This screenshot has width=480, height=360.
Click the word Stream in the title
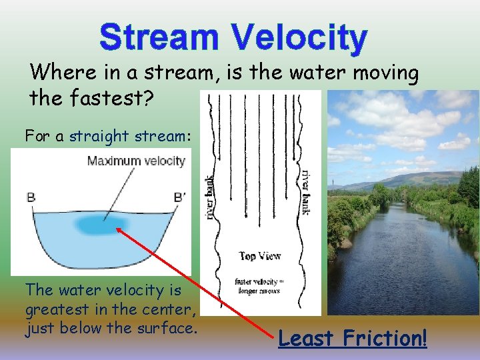coord(159,38)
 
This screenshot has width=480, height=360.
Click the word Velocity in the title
coord(295,38)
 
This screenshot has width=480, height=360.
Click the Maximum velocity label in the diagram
coord(136,161)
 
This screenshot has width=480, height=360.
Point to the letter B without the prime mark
coord(30,197)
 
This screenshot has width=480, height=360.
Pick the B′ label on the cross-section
coord(180,197)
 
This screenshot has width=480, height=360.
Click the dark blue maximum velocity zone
coord(105,223)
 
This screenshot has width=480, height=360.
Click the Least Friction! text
coord(352,338)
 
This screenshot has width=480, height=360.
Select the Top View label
coord(260,256)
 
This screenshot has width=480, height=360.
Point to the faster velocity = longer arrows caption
coord(260,285)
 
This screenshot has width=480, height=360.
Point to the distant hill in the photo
coord(413,178)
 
